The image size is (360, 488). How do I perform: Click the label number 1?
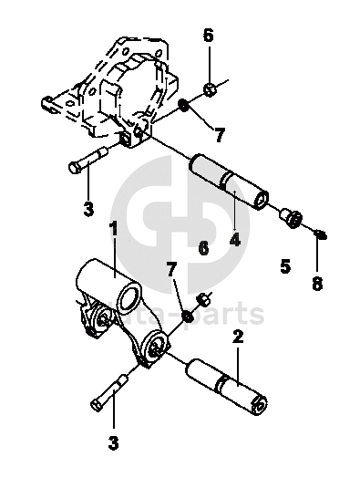coord(114,228)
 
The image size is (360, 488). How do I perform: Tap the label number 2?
coord(238,337)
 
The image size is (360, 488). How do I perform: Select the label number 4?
coord(235,240)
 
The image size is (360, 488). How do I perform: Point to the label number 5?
coord(285,266)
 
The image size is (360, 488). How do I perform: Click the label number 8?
coord(317,284)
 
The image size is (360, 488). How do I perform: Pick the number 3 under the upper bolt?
coord(88,209)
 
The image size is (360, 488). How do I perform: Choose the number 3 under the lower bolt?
coord(114,443)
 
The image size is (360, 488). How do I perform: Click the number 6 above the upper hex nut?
coord(209,35)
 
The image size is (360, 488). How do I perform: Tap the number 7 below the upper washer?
coord(219,135)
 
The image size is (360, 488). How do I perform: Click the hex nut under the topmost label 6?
coord(210,89)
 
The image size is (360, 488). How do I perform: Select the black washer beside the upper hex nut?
coord(184,106)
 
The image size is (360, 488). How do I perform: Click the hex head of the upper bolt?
coord(74,168)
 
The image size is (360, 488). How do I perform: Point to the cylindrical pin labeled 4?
coord(229,182)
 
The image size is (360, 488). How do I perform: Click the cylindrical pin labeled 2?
coord(226,387)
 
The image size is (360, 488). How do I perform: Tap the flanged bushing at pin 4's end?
coord(292,218)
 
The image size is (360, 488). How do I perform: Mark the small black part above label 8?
coord(321,234)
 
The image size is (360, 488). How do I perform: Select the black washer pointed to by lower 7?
coord(188,317)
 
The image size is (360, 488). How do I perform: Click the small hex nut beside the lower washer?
coord(203,300)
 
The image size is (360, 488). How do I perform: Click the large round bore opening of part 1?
coord(129,299)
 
